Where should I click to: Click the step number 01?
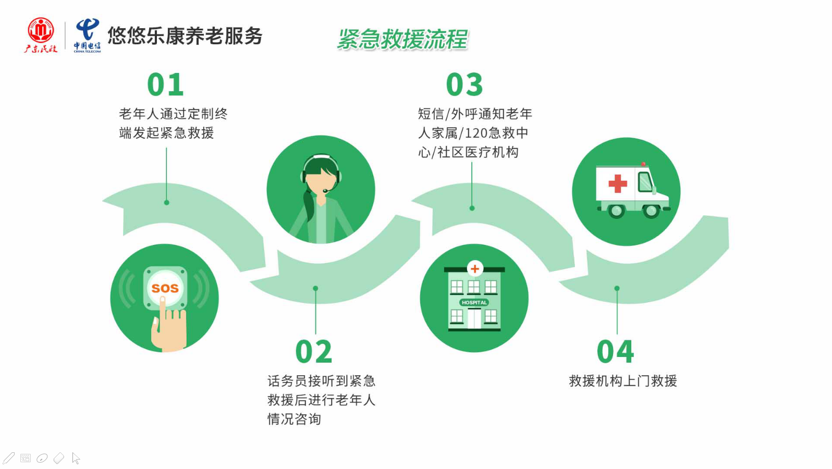click(165, 85)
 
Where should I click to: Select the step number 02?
click(313, 352)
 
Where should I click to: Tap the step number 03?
click(464, 85)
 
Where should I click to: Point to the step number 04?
click(615, 352)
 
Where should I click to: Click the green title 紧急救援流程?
click(402, 40)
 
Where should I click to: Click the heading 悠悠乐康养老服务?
click(185, 36)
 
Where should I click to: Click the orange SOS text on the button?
click(165, 288)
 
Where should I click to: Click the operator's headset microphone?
click(326, 191)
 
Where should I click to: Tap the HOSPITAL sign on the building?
click(474, 302)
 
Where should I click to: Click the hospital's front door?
click(474, 319)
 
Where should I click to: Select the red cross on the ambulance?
click(618, 183)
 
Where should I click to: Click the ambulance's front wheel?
click(651, 211)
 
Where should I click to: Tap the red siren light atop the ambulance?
click(643, 164)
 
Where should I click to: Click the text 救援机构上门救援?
click(623, 381)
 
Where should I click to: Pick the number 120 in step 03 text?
click(475, 133)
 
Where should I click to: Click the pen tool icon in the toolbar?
click(8, 458)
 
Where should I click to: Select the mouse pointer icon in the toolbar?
click(76, 459)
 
